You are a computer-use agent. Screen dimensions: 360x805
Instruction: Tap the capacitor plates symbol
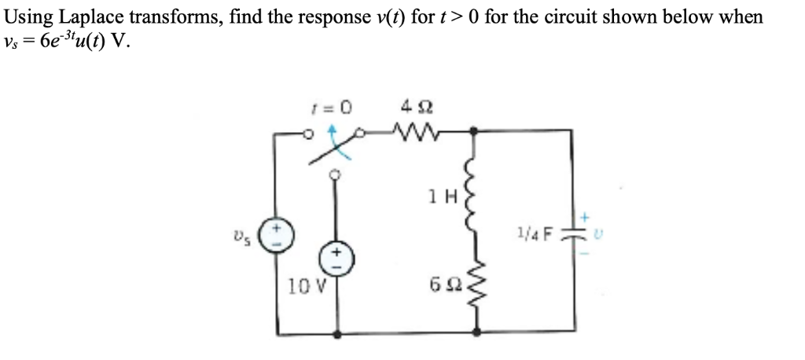coord(570,233)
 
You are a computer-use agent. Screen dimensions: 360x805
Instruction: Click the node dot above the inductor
coord(472,133)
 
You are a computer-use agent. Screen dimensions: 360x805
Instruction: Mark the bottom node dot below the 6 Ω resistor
coord(472,334)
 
